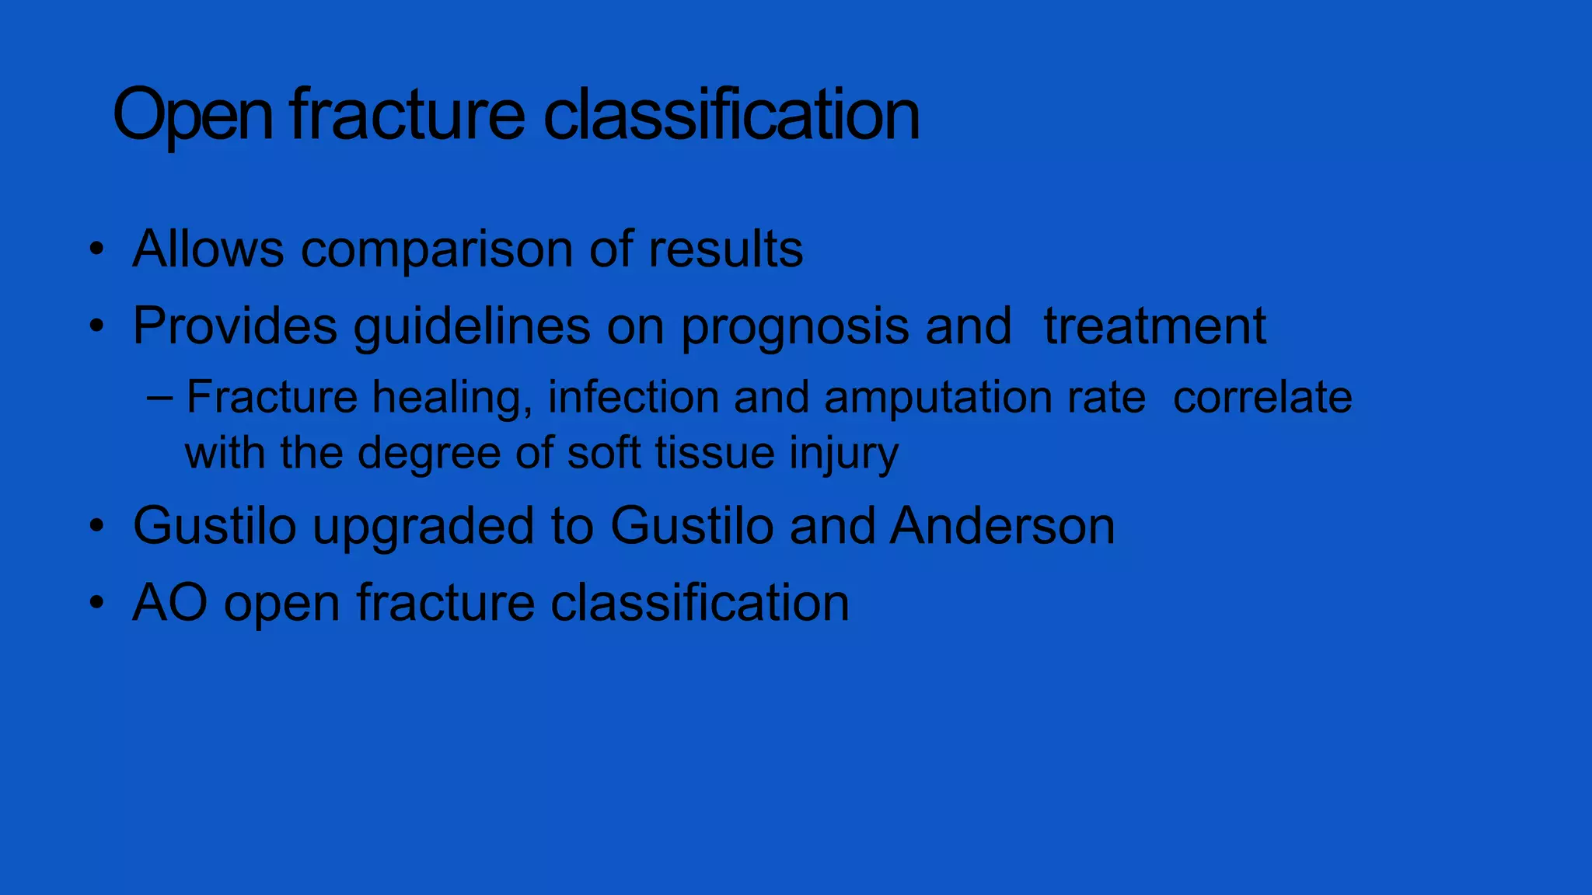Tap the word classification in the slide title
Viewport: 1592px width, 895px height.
click(731, 115)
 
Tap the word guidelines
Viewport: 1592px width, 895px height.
click(471, 326)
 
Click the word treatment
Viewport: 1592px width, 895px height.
click(1154, 326)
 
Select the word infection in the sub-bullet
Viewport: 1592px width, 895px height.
click(634, 397)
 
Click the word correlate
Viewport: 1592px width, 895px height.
click(1262, 397)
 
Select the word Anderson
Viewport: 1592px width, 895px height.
click(1002, 526)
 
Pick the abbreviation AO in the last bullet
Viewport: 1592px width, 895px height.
click(169, 603)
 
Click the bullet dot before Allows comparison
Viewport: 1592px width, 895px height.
click(96, 250)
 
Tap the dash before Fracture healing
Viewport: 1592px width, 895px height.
click(159, 398)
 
